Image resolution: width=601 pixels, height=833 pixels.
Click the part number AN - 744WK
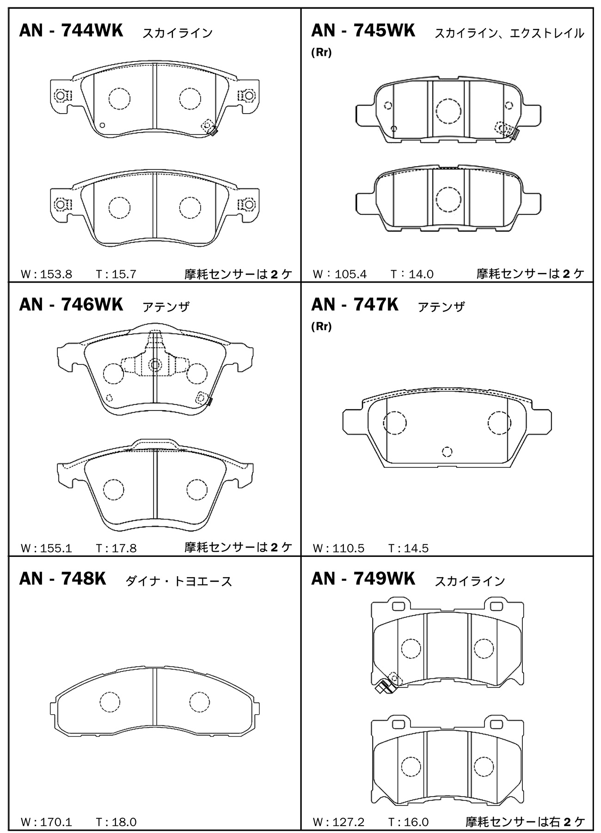point(71,31)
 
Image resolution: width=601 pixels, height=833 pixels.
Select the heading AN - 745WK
point(363,31)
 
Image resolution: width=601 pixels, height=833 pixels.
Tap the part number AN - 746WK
point(71,305)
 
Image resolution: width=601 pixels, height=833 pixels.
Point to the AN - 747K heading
point(355,305)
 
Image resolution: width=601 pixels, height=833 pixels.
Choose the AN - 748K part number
point(62,579)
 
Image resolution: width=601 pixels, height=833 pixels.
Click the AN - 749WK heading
point(363,579)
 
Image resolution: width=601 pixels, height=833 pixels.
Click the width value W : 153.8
point(47,274)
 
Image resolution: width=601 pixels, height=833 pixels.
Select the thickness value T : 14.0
point(412,274)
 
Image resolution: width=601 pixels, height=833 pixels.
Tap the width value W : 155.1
point(47,548)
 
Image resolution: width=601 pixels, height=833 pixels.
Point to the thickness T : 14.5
point(409,548)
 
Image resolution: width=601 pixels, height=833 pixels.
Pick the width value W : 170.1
point(47,822)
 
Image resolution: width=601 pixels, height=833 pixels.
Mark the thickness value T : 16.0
point(409,822)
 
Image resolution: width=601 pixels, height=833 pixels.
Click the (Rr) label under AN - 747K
point(321,326)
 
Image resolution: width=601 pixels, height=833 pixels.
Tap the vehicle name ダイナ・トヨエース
point(179,581)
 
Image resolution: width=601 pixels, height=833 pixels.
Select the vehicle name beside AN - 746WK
point(166,307)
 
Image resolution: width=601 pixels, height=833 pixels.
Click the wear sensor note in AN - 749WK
point(525,821)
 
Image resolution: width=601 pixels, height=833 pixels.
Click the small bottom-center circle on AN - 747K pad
point(447,452)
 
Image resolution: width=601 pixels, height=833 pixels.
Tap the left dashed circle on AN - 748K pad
point(110,702)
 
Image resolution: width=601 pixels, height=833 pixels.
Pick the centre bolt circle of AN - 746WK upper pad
point(155,365)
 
